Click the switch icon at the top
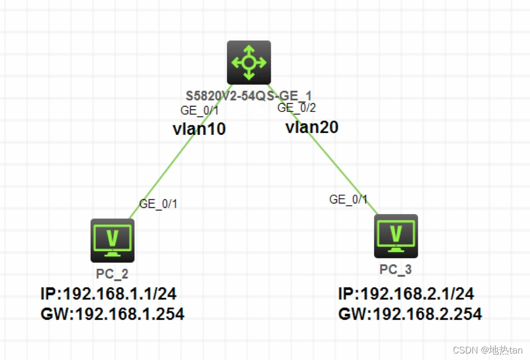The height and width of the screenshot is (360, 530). click(x=249, y=63)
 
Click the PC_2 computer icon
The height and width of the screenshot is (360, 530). click(x=112, y=240)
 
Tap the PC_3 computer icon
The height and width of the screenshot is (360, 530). click(x=396, y=236)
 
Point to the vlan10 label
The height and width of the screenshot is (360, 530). click(x=199, y=129)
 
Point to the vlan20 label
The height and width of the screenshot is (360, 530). click(x=312, y=127)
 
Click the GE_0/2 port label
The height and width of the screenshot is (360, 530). click(x=297, y=107)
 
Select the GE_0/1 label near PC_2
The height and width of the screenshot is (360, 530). click(x=158, y=204)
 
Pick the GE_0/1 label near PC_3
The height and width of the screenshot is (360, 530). click(x=348, y=199)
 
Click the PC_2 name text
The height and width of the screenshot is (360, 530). click(x=112, y=273)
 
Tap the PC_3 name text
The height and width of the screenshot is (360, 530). click(x=395, y=269)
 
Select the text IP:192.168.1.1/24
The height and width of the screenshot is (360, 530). click(x=108, y=294)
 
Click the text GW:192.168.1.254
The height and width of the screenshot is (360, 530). click(x=112, y=314)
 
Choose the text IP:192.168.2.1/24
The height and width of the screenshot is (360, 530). click(x=406, y=294)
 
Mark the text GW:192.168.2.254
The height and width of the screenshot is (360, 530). click(x=410, y=314)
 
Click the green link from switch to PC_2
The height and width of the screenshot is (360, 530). click(x=165, y=170)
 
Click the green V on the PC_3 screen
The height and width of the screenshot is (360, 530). click(x=396, y=232)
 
